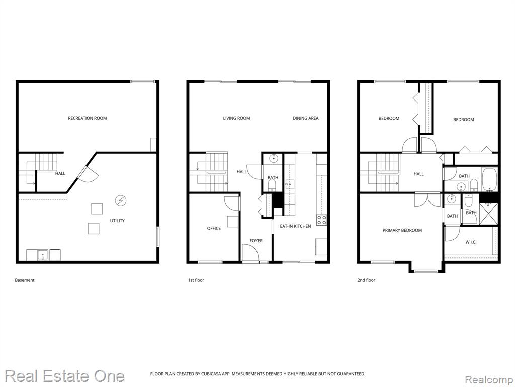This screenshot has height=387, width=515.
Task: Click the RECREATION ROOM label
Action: pos(88,118)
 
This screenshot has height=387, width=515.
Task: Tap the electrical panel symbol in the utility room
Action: pos(121,200)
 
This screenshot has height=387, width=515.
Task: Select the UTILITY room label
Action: pos(117,221)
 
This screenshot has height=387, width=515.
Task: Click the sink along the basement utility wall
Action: pos(42,255)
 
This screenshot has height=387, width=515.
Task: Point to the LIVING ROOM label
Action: pos(236,118)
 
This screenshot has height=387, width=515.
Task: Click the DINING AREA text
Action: pos(305,118)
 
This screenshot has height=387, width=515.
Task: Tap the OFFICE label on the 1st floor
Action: pos(214,228)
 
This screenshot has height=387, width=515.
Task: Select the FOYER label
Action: pos(256,241)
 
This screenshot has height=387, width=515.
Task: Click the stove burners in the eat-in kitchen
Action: pos(321,220)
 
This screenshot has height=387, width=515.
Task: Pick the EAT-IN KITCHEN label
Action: pos(295,226)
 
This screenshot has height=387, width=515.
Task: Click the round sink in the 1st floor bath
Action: pos(273,159)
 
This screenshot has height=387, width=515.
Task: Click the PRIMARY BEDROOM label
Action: pos(402,230)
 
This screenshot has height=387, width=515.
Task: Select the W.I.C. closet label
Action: pos(471,242)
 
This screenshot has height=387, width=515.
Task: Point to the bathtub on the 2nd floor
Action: pos(489,179)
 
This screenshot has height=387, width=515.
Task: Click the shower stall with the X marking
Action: pos(488,214)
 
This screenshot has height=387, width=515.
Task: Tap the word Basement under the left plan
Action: pos(25,280)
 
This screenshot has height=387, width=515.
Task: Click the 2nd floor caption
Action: pos(366,280)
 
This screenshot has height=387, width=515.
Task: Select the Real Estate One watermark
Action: pos(65,376)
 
